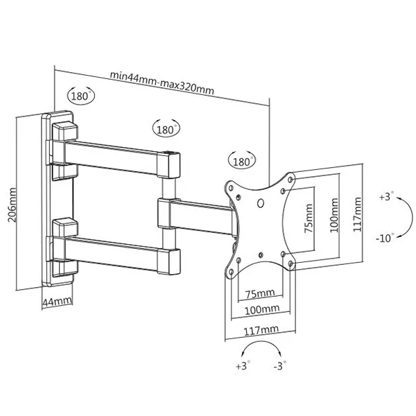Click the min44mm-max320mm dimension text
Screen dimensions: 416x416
coord(161,74)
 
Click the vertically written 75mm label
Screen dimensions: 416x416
coord(309,216)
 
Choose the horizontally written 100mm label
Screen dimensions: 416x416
coord(261,309)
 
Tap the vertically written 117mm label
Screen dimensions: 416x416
coord(358,216)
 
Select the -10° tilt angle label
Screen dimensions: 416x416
coord(385,238)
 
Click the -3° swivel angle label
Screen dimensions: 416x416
coord(279,365)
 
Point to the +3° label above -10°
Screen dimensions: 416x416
coord(385,197)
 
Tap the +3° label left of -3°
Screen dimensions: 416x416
coord(241,365)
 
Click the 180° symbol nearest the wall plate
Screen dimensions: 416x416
coord(81,96)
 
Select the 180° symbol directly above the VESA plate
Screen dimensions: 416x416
coord(240,161)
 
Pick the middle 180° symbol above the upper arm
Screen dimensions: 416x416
coord(166,128)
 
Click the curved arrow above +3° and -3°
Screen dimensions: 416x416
coord(261,347)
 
